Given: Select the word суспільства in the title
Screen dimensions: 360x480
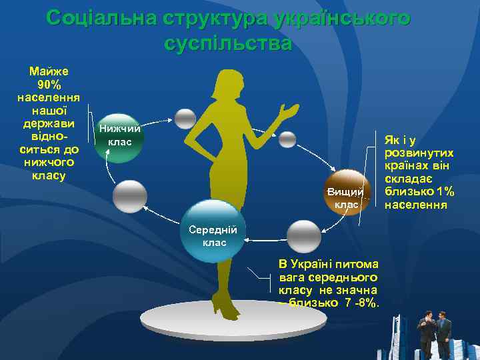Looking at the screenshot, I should pos(227,44).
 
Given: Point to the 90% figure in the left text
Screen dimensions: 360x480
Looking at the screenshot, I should pos(49,85).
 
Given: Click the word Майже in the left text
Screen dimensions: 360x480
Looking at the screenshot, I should pos(49,71).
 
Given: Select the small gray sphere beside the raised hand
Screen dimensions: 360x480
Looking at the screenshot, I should pos(287,139).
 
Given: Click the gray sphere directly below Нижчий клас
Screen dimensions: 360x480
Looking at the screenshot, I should pos(129,197).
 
